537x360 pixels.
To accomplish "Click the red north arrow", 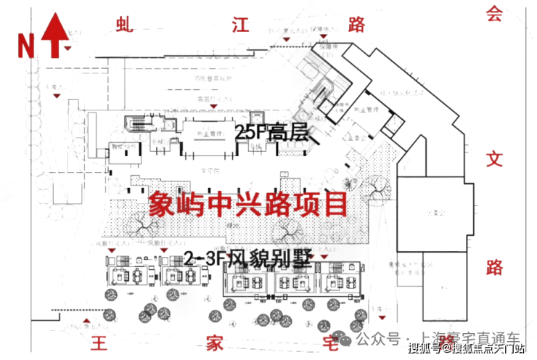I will tap(56, 33).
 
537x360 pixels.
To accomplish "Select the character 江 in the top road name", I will tap(241, 25).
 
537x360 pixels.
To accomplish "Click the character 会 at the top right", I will tap(494, 14).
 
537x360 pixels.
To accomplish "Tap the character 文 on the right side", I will tap(494, 158).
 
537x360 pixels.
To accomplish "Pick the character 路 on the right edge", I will tap(494, 267).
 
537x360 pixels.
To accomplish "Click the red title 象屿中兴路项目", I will tap(247, 204).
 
